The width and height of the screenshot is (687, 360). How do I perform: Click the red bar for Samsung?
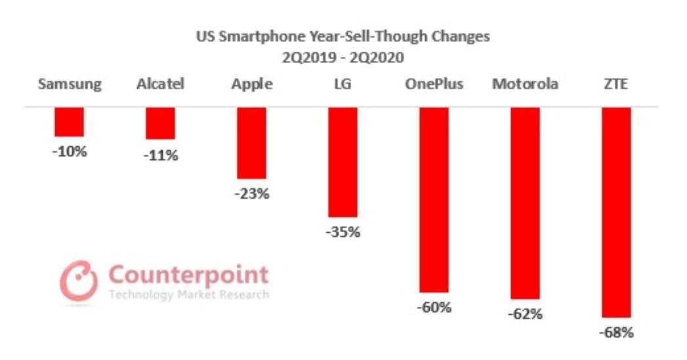(x=69, y=122)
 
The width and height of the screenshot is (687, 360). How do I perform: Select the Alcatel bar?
(x=160, y=123)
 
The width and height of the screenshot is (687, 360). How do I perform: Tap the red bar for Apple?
(x=251, y=143)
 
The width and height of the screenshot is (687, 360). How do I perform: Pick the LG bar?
(x=343, y=162)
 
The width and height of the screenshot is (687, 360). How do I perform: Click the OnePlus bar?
(x=434, y=200)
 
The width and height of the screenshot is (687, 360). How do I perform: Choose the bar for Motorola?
(x=525, y=203)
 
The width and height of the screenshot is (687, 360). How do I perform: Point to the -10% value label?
(x=70, y=151)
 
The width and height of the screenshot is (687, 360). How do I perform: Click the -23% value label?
(x=252, y=194)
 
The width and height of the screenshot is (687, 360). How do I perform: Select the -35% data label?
(x=343, y=232)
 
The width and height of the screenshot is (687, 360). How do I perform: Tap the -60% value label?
(x=434, y=307)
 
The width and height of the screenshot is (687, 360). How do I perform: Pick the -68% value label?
(x=617, y=332)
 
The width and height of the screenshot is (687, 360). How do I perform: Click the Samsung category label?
(x=70, y=85)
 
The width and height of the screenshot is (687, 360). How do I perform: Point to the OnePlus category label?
(x=434, y=85)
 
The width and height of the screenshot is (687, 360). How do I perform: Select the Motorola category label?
(x=525, y=85)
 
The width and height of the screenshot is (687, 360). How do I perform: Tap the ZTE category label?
(x=616, y=85)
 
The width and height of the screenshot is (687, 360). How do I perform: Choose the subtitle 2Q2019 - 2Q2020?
(x=343, y=57)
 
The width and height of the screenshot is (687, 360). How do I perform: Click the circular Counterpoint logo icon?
(x=79, y=281)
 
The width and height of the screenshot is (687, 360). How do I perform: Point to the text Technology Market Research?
(x=189, y=294)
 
